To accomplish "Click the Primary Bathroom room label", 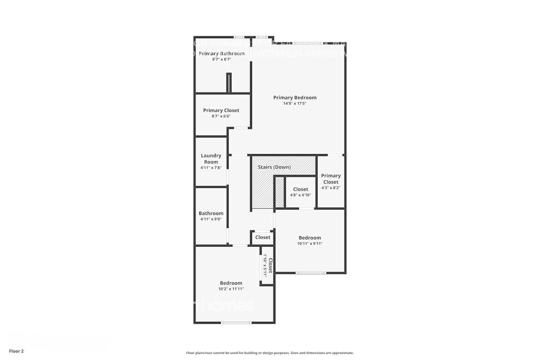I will coord(221,54).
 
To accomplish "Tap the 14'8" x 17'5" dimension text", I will coord(294,104).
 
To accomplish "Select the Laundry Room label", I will coord(211,159).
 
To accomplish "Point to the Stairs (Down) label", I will coord(274,167).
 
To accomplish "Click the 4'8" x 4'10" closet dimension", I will coord(301,195).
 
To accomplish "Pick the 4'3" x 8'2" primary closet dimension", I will coord(331,188).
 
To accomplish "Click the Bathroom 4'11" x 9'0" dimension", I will coord(211,219).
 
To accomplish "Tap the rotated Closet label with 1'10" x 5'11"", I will coord(270,265).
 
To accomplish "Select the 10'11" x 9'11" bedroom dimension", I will coord(310,244).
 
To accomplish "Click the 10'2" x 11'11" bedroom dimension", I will coord(231,289).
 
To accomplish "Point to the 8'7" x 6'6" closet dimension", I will coord(221,116).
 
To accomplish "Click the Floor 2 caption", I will coord(16,351).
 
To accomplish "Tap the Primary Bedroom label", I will coord(294,98).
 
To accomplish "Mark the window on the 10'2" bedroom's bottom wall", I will coord(236,323).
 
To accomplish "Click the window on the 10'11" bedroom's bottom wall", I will coord(311,273).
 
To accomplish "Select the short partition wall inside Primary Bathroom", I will coord(229,83).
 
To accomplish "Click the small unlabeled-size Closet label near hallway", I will coord(262,238).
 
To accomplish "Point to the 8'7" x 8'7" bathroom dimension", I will coord(221,59).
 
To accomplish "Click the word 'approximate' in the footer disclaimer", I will coord(344,353).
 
